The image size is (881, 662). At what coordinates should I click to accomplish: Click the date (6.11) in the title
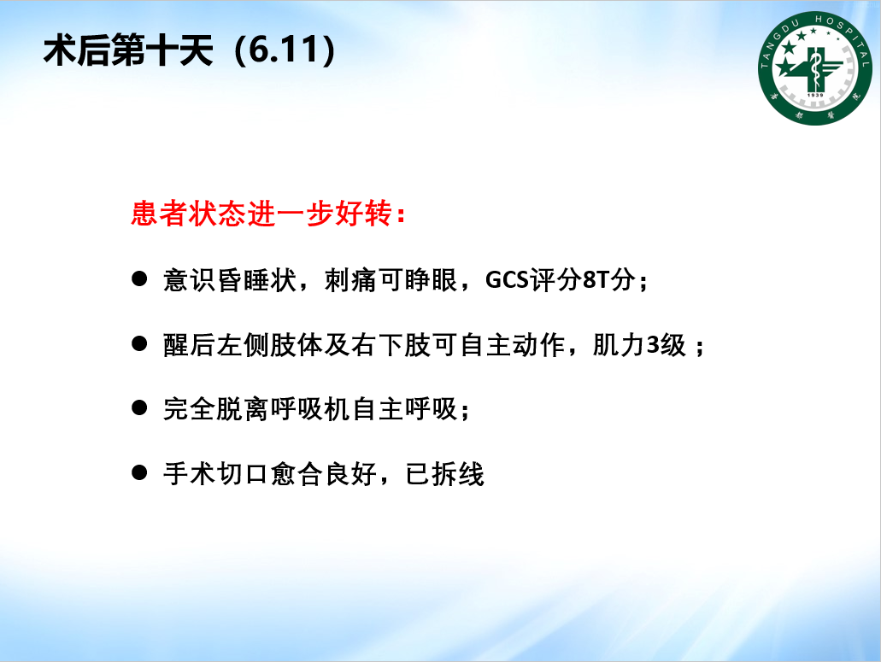[285, 50]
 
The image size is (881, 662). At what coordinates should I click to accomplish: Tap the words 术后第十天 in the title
[128, 50]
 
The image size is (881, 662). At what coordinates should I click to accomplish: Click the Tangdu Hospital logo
[814, 68]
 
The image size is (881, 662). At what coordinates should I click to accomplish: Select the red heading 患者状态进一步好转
[261, 214]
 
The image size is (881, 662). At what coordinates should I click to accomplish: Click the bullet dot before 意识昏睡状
[139, 278]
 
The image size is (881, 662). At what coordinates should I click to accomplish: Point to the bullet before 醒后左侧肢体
[139, 343]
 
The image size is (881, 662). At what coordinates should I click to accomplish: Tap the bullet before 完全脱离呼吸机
[139, 407]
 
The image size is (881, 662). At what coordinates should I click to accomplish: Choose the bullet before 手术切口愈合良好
[139, 472]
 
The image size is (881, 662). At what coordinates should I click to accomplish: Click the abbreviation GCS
[507, 279]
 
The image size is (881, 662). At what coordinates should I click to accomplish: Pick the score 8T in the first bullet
[596, 279]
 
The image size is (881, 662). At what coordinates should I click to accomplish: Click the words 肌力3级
[639, 344]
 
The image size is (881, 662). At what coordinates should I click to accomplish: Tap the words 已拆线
[444, 474]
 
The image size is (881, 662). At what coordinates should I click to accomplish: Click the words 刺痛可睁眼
[391, 279]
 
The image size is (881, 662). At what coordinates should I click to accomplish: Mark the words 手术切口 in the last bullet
[216, 474]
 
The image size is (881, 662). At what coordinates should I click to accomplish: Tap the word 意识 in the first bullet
[190, 279]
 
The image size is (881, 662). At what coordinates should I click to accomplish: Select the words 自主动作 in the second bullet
[512, 344]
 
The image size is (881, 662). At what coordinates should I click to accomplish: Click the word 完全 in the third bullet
[190, 409]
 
